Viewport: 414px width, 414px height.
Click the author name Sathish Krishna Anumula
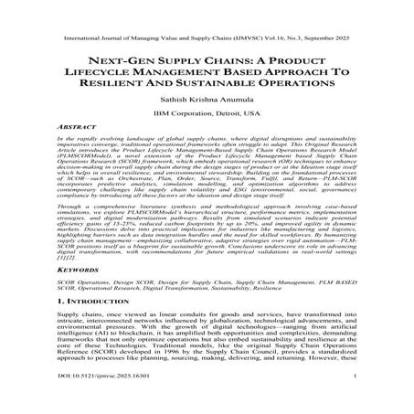[207, 101]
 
